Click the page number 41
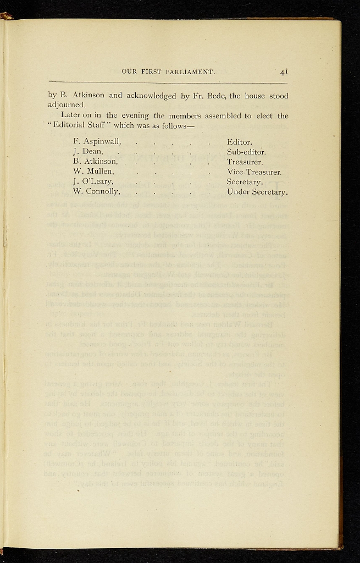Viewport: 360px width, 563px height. pos(284,71)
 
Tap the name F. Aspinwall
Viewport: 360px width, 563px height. pos(97,142)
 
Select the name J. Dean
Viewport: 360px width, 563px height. pos(86,152)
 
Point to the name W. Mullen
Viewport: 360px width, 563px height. pos(93,172)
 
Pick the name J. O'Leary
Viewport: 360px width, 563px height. pos(93,181)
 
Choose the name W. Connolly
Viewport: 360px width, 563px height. pos(96,191)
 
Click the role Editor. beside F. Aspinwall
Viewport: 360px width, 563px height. pos(240,142)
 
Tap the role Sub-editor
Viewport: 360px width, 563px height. pos(246,152)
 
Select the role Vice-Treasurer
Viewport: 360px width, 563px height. pos(254,172)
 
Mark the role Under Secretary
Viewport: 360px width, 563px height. pos(257,192)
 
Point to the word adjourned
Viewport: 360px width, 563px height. pos(67,104)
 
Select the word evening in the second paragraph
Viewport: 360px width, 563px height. pos(134,115)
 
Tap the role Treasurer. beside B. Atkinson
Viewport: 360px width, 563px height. pos(245,162)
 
